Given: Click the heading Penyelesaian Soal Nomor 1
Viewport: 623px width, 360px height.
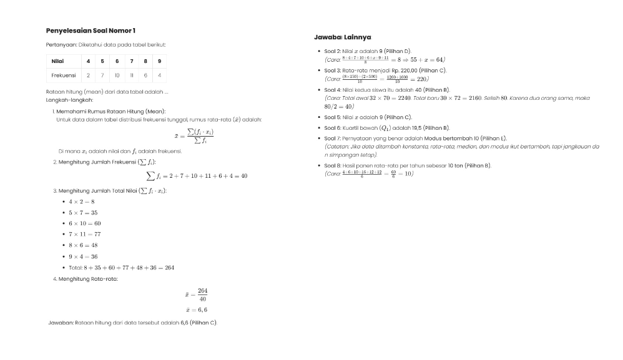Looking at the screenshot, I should [x=91, y=31].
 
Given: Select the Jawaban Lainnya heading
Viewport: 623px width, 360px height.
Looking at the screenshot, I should [x=342, y=37].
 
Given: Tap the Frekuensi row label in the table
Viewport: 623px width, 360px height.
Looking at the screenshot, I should [x=63, y=75].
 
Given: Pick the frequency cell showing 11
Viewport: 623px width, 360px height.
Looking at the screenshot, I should [x=131, y=75].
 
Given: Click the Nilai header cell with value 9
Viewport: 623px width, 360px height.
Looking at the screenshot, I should [x=159, y=61].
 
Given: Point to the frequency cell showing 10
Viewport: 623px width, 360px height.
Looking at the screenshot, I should [x=117, y=75].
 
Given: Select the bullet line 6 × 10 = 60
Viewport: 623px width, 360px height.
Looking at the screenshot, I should [x=81, y=223].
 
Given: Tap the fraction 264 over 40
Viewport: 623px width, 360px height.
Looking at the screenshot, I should [x=202, y=294].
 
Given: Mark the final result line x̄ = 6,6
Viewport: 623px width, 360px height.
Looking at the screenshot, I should [x=196, y=309].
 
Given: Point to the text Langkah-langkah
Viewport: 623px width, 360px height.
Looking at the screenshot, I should [x=69, y=100].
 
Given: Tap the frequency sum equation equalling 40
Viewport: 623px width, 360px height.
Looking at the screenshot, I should [x=197, y=176].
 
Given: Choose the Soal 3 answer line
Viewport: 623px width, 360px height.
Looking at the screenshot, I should [x=385, y=71].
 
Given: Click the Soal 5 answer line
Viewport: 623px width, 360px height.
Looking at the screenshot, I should [x=368, y=117].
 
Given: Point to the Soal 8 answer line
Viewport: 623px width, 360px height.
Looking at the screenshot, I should [x=408, y=165].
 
